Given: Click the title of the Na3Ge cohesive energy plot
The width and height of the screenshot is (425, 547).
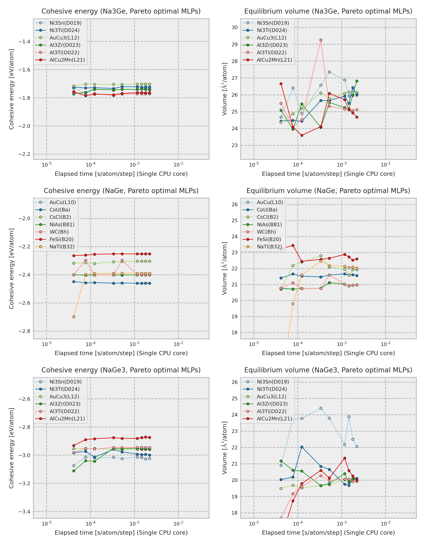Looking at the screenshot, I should pos(121,11).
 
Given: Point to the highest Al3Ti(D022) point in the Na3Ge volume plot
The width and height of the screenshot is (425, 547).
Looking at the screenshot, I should pos(321,40).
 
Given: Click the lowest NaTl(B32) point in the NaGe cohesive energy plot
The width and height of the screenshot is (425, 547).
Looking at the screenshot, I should pos(74,317).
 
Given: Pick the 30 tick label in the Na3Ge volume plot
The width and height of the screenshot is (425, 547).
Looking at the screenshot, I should pos(234,28).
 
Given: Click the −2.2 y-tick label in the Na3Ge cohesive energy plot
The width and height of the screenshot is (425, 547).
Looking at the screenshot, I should pos(24,154).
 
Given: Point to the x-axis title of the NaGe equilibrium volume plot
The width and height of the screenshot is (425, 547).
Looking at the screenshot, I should pos(328,353).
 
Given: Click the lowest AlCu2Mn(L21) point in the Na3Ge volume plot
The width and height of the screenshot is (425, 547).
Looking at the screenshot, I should pos(302,136).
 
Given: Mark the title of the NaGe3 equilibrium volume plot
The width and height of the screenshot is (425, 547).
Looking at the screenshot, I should pos(328,370).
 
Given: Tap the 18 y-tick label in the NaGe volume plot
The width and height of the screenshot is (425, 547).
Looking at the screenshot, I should pos(234,333).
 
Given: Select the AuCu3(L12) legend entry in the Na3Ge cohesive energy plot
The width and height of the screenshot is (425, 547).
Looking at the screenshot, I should pos(64,38).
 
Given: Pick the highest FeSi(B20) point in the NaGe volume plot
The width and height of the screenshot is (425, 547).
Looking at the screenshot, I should pos(293,246).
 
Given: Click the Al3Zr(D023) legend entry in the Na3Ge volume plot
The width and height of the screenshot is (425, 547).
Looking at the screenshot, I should pos(272,45).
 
